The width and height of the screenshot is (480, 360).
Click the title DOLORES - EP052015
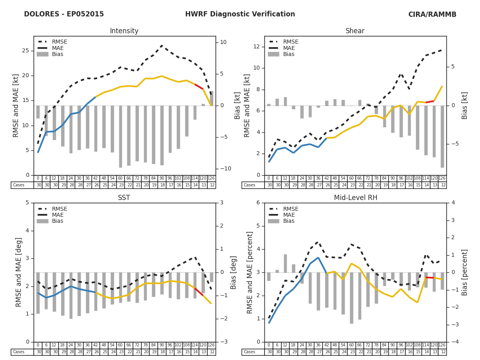click(x=64, y=14)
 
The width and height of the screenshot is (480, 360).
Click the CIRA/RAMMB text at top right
click(x=432, y=14)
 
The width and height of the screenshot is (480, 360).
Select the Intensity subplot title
click(x=124, y=31)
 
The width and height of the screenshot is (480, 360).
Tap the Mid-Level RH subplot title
click(x=355, y=198)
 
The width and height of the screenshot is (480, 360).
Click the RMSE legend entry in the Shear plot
click(x=290, y=42)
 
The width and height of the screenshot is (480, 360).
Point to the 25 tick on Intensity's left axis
click(x=26, y=51)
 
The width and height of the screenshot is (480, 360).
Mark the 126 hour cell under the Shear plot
click(x=442, y=178)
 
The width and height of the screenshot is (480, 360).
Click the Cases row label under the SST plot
click(x=19, y=352)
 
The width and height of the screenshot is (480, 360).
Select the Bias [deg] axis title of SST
click(x=234, y=272)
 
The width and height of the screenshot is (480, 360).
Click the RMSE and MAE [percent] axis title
click(x=250, y=272)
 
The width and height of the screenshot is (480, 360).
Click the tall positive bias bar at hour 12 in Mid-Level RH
click(x=285, y=263)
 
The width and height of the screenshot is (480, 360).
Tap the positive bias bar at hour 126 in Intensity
click(x=211, y=98)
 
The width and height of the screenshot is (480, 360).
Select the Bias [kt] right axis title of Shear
click(x=465, y=106)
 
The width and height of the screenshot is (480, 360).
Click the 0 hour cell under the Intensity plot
click(x=38, y=178)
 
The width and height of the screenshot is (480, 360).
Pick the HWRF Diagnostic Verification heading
click(x=240, y=14)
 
